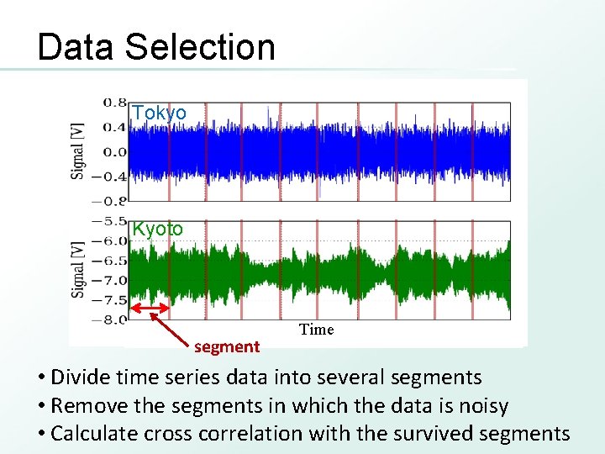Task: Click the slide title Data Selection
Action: point(156,47)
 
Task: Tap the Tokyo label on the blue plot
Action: point(159,113)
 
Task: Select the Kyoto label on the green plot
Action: point(158,229)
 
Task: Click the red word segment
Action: point(227,346)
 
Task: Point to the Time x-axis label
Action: point(316,330)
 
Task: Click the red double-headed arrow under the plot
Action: point(150,311)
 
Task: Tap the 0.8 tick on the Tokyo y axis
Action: point(115,102)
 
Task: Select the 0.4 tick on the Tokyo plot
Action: point(115,127)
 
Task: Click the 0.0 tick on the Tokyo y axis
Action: point(115,152)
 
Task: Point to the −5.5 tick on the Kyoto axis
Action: point(110,220)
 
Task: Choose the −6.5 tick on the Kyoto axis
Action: point(110,261)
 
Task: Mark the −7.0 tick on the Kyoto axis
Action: point(110,280)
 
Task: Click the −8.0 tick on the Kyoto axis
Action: point(110,319)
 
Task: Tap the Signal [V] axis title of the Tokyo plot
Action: point(78,150)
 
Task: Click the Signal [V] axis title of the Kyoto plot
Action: point(78,270)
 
